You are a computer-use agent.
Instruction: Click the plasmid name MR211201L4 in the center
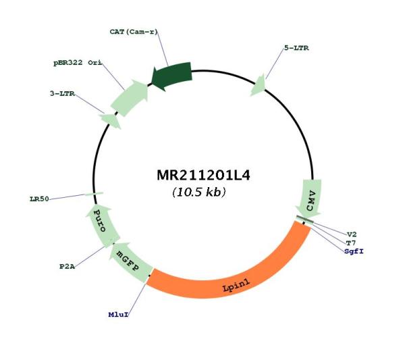tap(204, 176)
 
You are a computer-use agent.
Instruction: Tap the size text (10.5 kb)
tap(199, 192)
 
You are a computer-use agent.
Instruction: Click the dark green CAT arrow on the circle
tap(172, 76)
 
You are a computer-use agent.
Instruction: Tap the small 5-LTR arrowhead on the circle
tap(259, 86)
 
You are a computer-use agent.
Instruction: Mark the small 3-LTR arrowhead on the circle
tap(111, 120)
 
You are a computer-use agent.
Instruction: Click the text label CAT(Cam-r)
tap(134, 32)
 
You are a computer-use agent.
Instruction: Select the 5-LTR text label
tap(296, 48)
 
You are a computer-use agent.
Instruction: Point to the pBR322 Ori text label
tap(78, 63)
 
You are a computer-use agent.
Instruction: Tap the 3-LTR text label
tap(62, 93)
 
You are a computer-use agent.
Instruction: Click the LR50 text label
tap(39, 199)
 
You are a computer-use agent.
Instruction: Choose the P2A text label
tap(67, 266)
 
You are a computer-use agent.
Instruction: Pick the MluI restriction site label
tap(118, 315)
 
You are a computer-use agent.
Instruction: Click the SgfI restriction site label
tap(354, 251)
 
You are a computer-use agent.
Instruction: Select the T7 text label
tap(351, 242)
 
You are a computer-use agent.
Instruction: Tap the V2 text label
tap(352, 234)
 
